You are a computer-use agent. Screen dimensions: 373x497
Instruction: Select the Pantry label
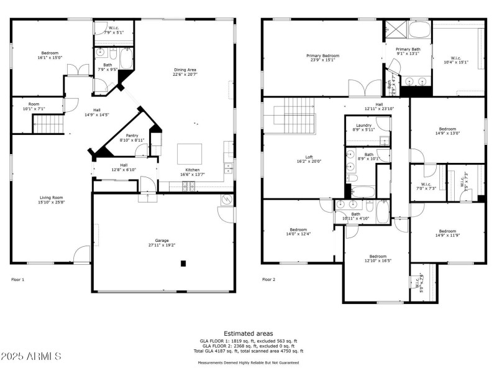click(132, 137)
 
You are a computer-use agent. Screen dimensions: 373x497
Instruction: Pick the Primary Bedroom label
click(322, 58)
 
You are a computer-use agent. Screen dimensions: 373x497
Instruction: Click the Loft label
click(304, 159)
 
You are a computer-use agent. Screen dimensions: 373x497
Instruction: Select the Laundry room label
click(363, 127)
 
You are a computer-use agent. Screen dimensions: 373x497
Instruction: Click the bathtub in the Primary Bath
click(418, 30)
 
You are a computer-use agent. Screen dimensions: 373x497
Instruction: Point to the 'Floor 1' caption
click(18, 280)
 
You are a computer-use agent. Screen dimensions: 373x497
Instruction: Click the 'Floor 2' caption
click(268, 280)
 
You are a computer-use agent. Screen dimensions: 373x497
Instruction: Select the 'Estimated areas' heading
click(248, 334)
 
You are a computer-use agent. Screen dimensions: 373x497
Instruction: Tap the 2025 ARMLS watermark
click(31, 357)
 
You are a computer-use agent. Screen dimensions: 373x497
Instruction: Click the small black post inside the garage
click(183, 264)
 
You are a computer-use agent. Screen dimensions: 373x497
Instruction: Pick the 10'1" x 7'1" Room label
click(34, 106)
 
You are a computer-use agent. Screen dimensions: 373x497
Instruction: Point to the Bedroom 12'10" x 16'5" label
click(377, 259)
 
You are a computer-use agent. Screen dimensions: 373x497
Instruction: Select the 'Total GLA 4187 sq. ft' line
click(248, 351)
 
